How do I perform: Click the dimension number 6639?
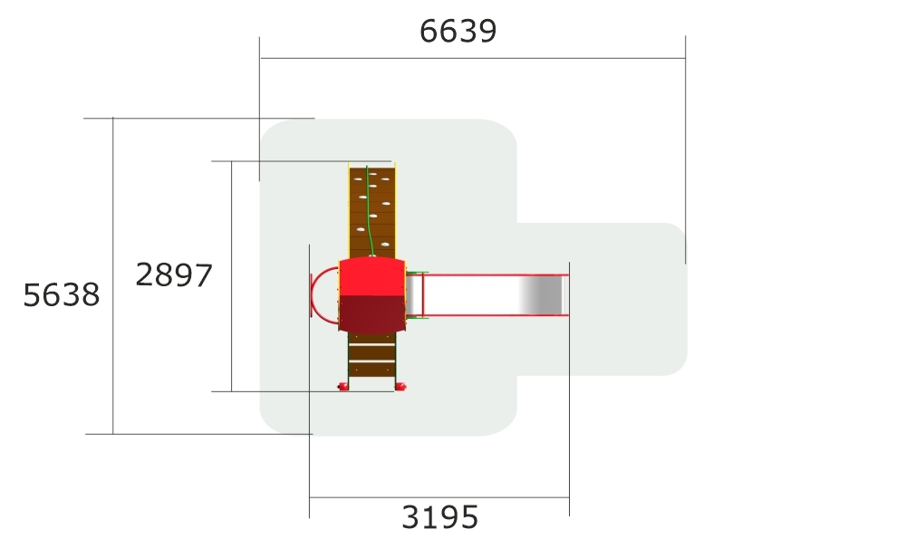[458, 31]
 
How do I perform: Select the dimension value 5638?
[62, 295]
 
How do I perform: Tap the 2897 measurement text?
[174, 275]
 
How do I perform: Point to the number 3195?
[440, 517]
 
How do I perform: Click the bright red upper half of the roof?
[371, 276]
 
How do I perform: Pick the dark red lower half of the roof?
[371, 315]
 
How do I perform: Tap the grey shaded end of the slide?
[541, 295]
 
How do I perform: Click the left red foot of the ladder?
[343, 387]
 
